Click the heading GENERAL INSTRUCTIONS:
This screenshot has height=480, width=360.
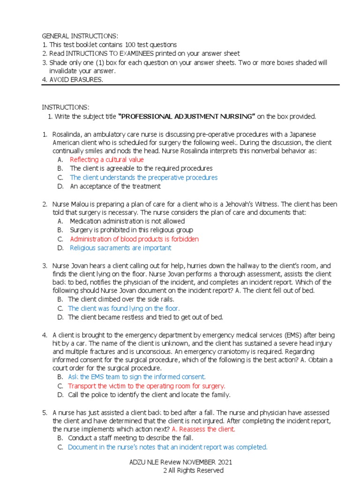tap(80, 36)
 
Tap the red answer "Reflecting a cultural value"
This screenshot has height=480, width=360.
tap(107, 160)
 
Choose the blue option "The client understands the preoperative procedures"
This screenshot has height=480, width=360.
tap(143, 178)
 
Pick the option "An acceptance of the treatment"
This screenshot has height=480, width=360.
tap(115, 186)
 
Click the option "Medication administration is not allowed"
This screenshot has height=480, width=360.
tap(127, 221)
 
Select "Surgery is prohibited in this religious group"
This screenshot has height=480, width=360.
tap(131, 230)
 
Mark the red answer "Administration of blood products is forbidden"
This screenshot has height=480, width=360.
tap(134, 239)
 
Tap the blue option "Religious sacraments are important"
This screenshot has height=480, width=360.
tap(120, 248)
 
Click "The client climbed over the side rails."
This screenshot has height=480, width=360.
tap(121, 299)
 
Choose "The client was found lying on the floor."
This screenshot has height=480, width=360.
tap(124, 308)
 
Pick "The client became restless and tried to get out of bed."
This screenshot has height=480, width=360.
tap(145, 317)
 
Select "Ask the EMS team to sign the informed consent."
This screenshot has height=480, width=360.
tap(136, 377)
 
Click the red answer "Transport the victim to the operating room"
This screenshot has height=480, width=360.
tap(146, 386)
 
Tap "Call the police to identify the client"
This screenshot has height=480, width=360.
tap(149, 395)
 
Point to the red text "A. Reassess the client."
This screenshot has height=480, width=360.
tap(203, 429)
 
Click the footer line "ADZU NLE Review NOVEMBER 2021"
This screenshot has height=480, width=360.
tap(180, 462)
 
